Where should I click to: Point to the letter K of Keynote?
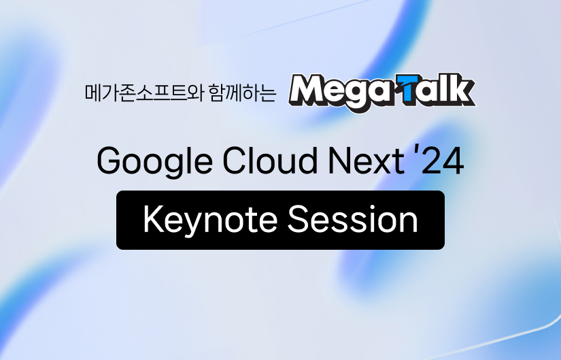click(x=151, y=220)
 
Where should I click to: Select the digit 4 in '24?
click(x=452, y=162)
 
